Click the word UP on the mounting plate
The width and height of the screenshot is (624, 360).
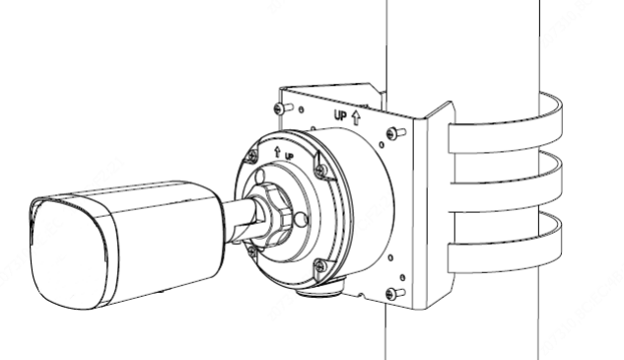click(x=341, y=115)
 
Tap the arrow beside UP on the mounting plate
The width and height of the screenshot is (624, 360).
click(x=356, y=117)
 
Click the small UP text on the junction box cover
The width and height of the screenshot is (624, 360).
click(x=289, y=156)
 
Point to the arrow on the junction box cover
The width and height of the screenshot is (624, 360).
click(x=277, y=151)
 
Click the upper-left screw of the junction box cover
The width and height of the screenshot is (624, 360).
click(x=252, y=156)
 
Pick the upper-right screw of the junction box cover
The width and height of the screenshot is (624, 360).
click(x=321, y=171)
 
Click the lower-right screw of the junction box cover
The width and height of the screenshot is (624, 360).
click(x=320, y=265)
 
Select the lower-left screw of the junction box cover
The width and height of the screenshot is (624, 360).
click(x=251, y=251)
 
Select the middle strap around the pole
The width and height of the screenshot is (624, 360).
click(x=505, y=183)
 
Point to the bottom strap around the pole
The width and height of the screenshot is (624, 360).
click(x=505, y=244)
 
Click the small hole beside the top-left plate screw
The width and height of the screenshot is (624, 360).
click(x=301, y=109)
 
